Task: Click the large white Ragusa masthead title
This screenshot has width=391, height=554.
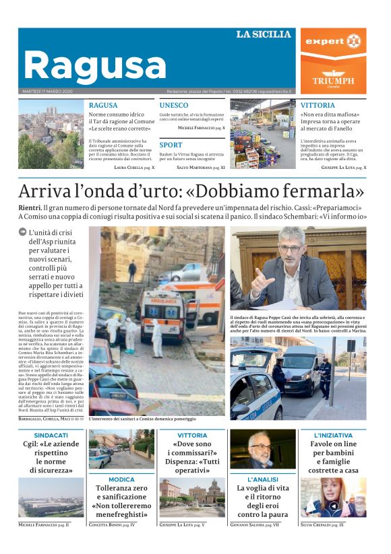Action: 94,66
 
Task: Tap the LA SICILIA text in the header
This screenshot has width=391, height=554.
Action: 264,34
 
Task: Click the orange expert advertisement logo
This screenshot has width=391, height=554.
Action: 334,41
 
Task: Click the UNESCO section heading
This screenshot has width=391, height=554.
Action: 174,106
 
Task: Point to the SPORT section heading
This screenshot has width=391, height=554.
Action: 171,145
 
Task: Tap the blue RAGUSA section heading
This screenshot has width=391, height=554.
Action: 103,106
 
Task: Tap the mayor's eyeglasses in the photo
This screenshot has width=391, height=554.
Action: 291,248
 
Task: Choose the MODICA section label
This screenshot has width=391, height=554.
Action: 121,479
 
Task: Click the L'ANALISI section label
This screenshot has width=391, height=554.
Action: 262,479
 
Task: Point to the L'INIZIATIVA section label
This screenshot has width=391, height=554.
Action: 333,436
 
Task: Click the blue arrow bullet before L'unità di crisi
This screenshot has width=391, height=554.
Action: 23,232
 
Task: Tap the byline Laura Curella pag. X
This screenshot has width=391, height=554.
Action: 134,166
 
